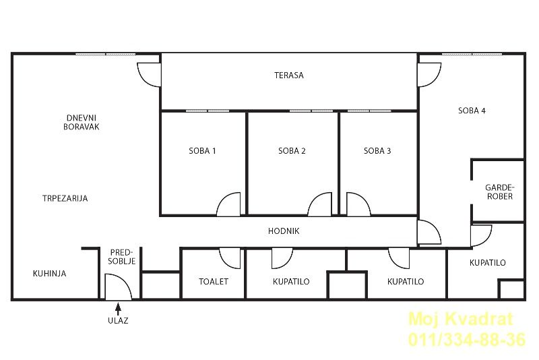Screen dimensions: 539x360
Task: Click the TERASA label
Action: [x=289, y=76]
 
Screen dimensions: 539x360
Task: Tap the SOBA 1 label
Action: [x=202, y=150]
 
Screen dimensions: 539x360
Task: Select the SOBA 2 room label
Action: [x=292, y=150]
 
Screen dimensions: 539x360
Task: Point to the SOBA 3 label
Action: [x=377, y=150]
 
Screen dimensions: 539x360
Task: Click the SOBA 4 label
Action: [x=472, y=111]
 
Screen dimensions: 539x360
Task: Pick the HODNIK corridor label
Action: [x=284, y=231]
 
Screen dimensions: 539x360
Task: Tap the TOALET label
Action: [x=214, y=282]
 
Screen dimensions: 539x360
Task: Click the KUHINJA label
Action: [x=49, y=274]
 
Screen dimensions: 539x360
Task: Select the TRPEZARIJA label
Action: [x=65, y=198]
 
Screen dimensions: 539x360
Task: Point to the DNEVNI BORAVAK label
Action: [x=82, y=123]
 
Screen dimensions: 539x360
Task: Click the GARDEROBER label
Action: [x=500, y=192]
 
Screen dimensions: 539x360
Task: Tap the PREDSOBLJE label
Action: [x=122, y=257]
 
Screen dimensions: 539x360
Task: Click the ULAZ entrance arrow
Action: [x=118, y=309]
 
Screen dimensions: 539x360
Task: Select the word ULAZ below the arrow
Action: [x=118, y=320]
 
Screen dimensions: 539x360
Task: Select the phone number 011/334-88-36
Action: [x=467, y=340]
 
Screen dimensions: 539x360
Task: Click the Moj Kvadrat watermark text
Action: [x=461, y=320]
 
